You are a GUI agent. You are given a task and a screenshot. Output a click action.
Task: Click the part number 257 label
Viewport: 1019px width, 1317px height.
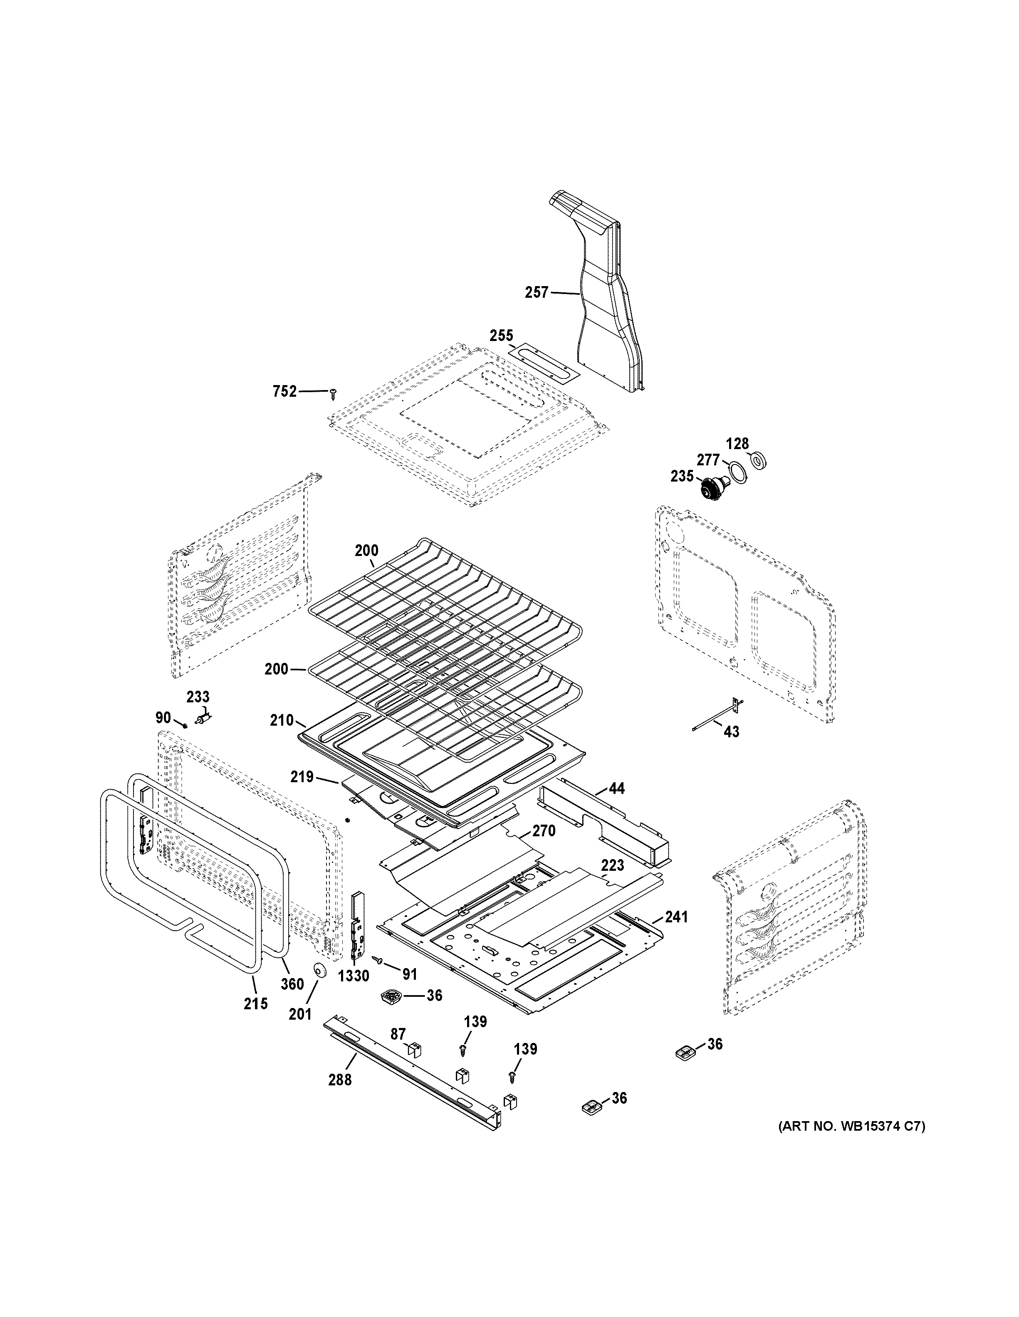(x=537, y=292)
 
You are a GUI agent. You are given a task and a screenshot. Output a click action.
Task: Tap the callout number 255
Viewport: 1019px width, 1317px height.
(x=501, y=336)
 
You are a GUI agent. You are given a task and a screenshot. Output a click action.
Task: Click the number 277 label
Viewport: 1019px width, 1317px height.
(x=708, y=460)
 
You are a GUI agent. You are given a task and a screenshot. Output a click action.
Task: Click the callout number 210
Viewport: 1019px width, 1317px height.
(x=282, y=720)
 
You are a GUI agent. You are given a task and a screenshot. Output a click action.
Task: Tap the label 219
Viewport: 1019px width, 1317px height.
(x=302, y=777)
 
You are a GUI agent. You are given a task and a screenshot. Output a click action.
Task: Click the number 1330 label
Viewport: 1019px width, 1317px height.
(x=354, y=976)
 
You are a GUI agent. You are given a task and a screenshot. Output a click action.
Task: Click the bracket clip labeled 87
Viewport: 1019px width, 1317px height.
(x=415, y=1049)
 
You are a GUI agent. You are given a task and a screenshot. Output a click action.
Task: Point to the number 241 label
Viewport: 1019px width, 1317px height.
(x=675, y=934)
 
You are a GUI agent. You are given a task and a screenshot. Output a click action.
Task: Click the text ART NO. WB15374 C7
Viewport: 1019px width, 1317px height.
(x=851, y=1125)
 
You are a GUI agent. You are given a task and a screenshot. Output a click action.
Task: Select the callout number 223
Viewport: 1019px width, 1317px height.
(x=613, y=865)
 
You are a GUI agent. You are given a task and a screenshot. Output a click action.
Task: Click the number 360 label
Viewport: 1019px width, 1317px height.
(x=292, y=984)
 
